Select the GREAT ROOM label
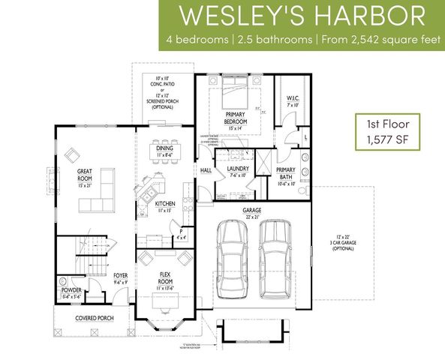click(x=84, y=175)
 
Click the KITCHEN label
click(x=165, y=204)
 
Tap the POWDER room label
click(x=73, y=289)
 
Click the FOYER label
click(x=120, y=276)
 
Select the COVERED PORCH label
click(x=94, y=318)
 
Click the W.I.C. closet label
click(x=293, y=100)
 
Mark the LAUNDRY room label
click(x=237, y=170)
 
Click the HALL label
click(x=206, y=170)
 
